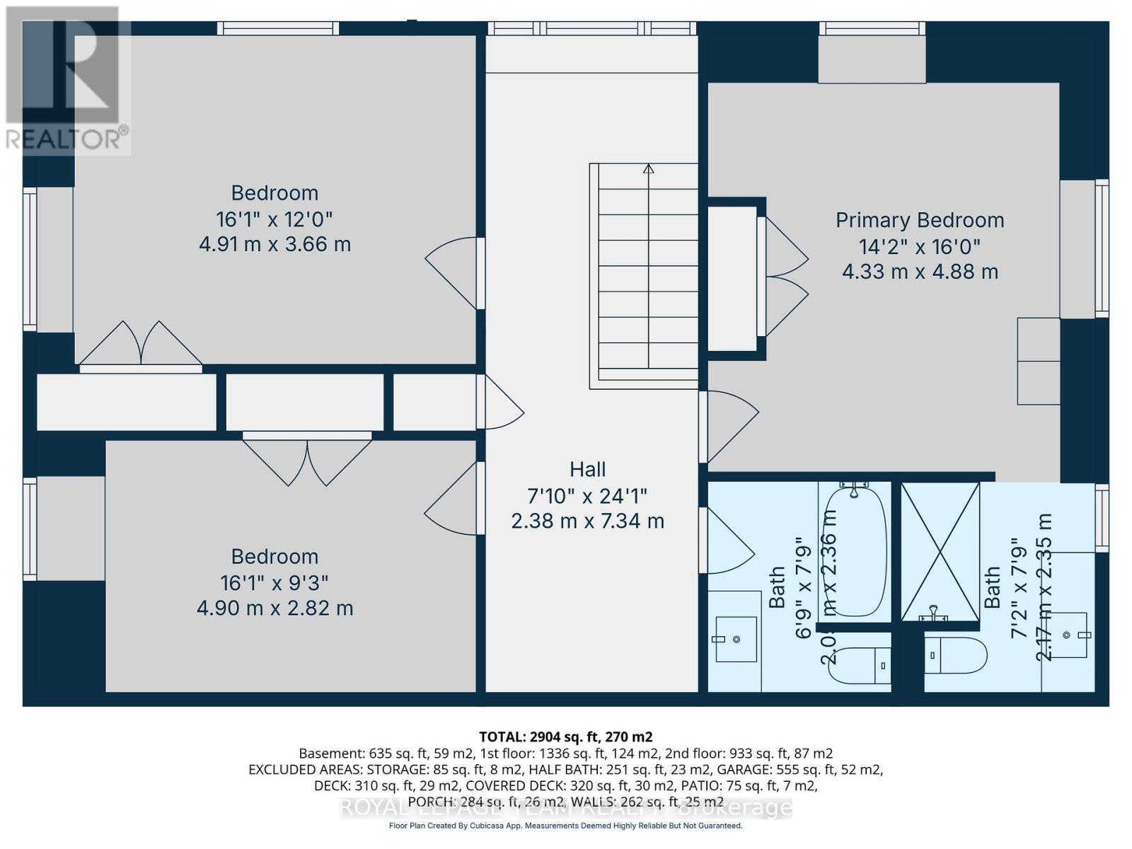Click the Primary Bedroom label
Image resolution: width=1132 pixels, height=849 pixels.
click(920, 220)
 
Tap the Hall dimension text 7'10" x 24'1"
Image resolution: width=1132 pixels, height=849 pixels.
click(587, 495)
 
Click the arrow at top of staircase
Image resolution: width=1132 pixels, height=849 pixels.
click(648, 169)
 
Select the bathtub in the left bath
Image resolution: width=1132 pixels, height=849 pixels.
click(855, 552)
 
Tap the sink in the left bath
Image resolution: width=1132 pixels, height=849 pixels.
click(736, 639)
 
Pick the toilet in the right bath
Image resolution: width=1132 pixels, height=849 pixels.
click(955, 656)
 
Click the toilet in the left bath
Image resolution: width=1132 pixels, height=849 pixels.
click(858, 665)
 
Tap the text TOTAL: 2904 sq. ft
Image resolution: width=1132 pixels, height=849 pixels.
click(565, 737)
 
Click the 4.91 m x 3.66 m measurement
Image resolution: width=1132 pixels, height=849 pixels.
click(275, 244)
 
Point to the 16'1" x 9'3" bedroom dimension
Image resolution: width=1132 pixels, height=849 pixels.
click(275, 583)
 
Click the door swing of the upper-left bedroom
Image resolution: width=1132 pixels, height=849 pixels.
click(453, 272)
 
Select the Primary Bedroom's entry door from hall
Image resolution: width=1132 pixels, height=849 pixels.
click(729, 424)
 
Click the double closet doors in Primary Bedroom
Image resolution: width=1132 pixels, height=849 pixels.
click(784, 276)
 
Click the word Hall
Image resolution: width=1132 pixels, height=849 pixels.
click(587, 469)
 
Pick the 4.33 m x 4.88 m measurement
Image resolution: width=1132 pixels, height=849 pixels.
click(920, 272)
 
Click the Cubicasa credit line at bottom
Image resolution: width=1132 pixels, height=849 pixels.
click(565, 826)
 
